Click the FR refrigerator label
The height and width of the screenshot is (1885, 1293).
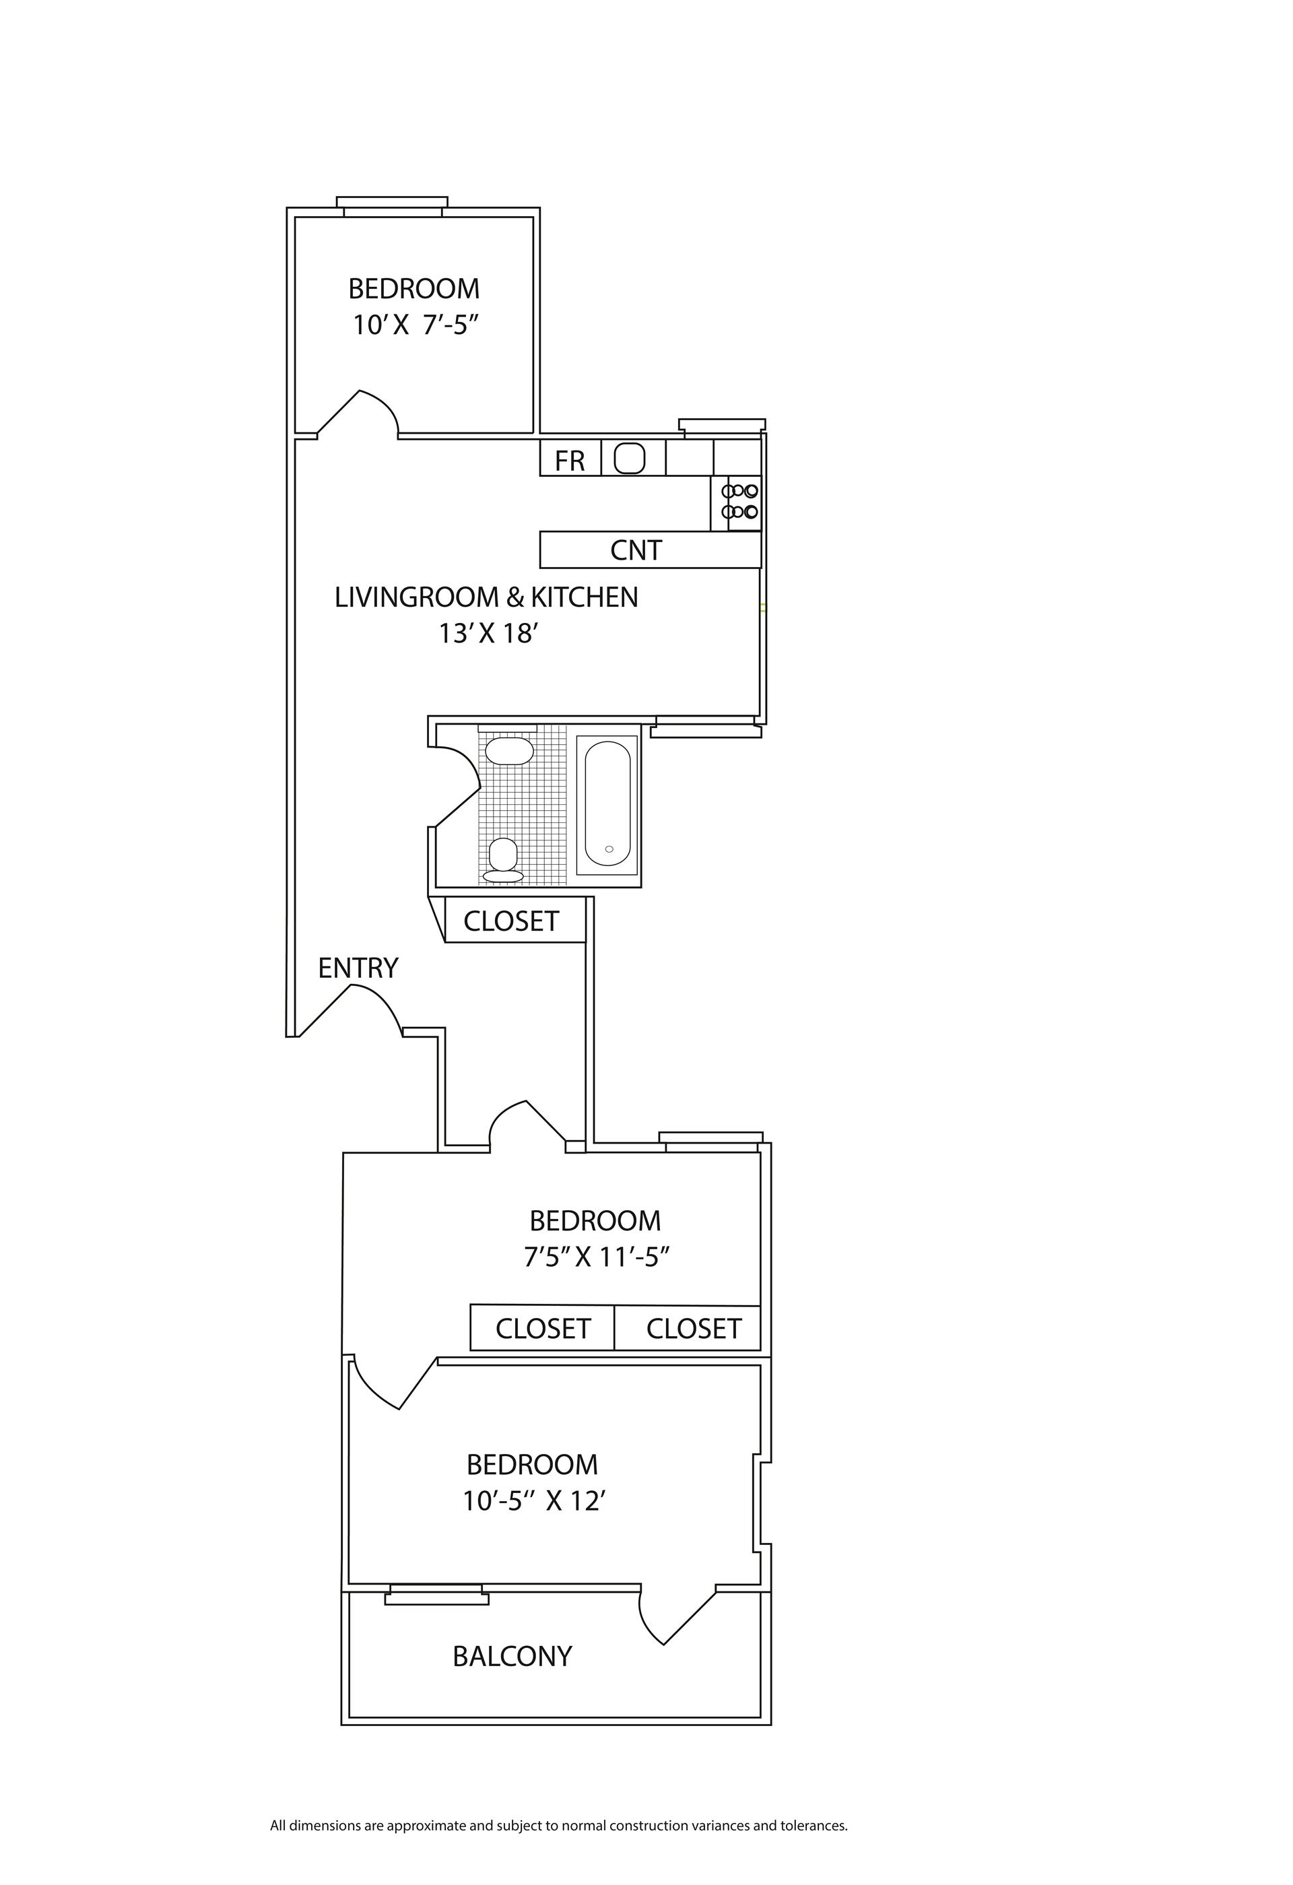(570, 461)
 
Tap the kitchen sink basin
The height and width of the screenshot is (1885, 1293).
(629, 458)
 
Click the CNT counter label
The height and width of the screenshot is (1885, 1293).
(636, 551)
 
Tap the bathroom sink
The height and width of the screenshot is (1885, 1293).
(508, 751)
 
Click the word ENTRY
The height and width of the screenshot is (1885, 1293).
(358, 968)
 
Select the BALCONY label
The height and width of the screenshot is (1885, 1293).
(512, 1656)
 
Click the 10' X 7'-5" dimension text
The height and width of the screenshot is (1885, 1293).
(413, 325)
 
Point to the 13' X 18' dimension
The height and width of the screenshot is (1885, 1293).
(489, 634)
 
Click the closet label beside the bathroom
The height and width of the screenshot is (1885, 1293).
(511, 921)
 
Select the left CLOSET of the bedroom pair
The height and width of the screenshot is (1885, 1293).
(543, 1329)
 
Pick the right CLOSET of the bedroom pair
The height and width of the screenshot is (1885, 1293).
(694, 1329)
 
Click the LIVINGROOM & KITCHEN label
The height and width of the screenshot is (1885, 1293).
(486, 597)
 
